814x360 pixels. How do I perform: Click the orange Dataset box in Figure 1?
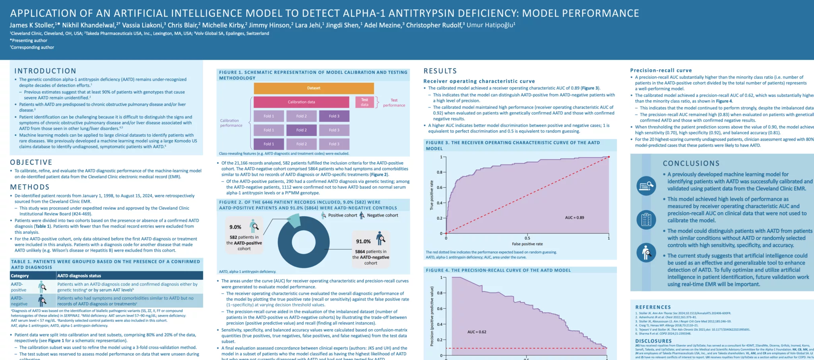click(314, 88)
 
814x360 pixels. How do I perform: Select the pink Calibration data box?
click(301, 102)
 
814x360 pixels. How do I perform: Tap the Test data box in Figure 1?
click(364, 102)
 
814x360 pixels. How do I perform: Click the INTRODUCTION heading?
click(45, 71)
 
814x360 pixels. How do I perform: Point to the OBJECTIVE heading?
click(31, 163)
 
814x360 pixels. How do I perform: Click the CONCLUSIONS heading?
click(691, 163)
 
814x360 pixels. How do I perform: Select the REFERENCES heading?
click(653, 307)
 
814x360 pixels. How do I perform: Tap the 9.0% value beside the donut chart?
click(235, 227)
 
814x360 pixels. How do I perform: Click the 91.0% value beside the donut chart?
click(363, 242)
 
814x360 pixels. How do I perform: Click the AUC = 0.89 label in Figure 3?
click(574, 218)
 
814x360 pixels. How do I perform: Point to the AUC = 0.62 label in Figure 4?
click(477, 332)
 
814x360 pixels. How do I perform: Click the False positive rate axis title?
click(527, 244)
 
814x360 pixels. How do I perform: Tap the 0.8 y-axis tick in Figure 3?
click(440, 172)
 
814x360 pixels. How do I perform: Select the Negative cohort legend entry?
click(382, 215)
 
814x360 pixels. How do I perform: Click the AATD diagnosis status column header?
click(79, 276)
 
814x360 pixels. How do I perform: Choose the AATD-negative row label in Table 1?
click(19, 301)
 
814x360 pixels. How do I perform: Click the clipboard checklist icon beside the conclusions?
click(646, 219)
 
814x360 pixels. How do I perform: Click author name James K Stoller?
click(32, 25)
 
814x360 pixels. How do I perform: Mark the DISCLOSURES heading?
click(653, 341)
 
